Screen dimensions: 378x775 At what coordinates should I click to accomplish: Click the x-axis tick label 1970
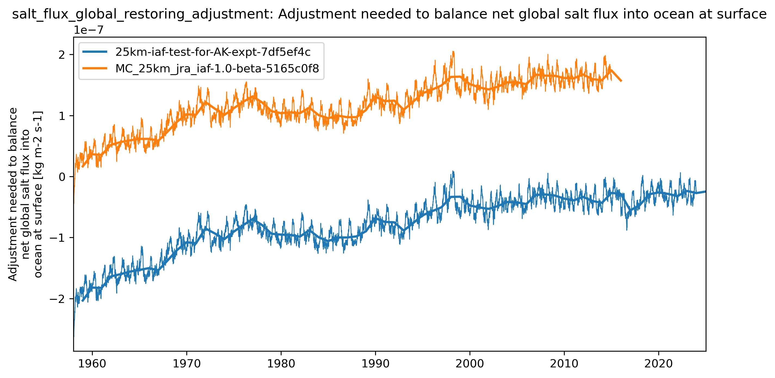coord(187,364)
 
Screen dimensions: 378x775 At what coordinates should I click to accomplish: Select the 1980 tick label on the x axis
coord(281,364)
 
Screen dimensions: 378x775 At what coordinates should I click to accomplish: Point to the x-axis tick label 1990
coord(375,364)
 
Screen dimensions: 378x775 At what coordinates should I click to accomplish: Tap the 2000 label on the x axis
coord(470,364)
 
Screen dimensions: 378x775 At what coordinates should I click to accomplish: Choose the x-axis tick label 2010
coord(564,364)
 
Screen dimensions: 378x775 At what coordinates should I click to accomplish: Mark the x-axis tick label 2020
coord(658,364)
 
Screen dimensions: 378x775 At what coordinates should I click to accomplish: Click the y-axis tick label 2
coord(62,55)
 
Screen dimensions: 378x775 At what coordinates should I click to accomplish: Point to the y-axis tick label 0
coord(62,177)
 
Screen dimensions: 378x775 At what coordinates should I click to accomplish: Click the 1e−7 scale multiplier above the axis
coord(89,30)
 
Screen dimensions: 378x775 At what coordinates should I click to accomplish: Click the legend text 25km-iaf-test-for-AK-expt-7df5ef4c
coord(213,52)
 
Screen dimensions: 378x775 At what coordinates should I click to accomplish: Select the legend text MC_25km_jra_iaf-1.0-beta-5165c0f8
coord(217,69)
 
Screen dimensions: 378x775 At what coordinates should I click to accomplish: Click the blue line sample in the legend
coord(95,52)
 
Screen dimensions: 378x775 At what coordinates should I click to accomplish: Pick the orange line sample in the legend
coord(95,69)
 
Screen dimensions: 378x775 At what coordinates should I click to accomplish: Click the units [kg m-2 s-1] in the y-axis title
coord(38,141)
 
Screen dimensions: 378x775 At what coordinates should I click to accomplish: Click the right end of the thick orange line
coord(621,80)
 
